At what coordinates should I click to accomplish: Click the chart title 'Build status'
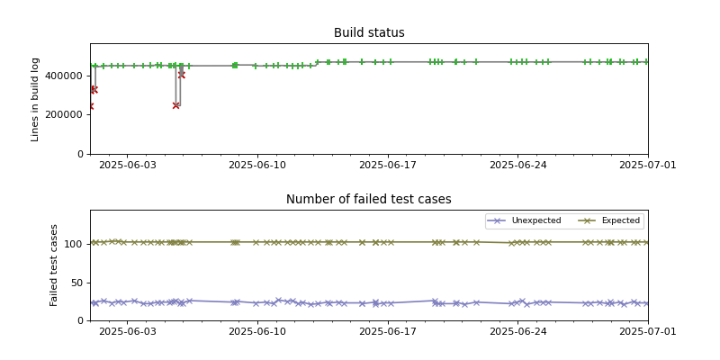tap(369, 33)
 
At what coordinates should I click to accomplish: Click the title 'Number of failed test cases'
tap(369, 200)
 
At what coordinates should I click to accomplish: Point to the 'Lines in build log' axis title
tap(36, 99)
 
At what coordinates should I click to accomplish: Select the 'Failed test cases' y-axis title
tap(54, 265)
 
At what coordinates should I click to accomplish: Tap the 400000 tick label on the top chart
tap(67, 76)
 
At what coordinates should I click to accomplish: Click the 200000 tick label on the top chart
tap(67, 115)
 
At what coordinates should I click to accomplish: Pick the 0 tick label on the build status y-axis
tap(81, 154)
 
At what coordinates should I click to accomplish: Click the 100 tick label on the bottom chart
tap(76, 244)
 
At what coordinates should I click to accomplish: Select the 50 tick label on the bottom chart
tap(78, 283)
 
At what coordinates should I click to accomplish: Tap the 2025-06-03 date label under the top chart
tap(127, 165)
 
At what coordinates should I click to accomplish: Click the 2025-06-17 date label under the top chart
tap(387, 165)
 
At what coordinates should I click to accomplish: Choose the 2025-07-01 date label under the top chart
tap(647, 165)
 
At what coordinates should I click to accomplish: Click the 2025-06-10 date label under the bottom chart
tap(257, 331)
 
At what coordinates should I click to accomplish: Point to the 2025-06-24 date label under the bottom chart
tap(517, 331)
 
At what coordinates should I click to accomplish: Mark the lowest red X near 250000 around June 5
tap(175, 105)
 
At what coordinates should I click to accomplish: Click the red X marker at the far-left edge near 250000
tap(90, 106)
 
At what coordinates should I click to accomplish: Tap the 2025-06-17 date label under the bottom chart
tap(387, 331)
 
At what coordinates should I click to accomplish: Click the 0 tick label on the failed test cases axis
tap(81, 320)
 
